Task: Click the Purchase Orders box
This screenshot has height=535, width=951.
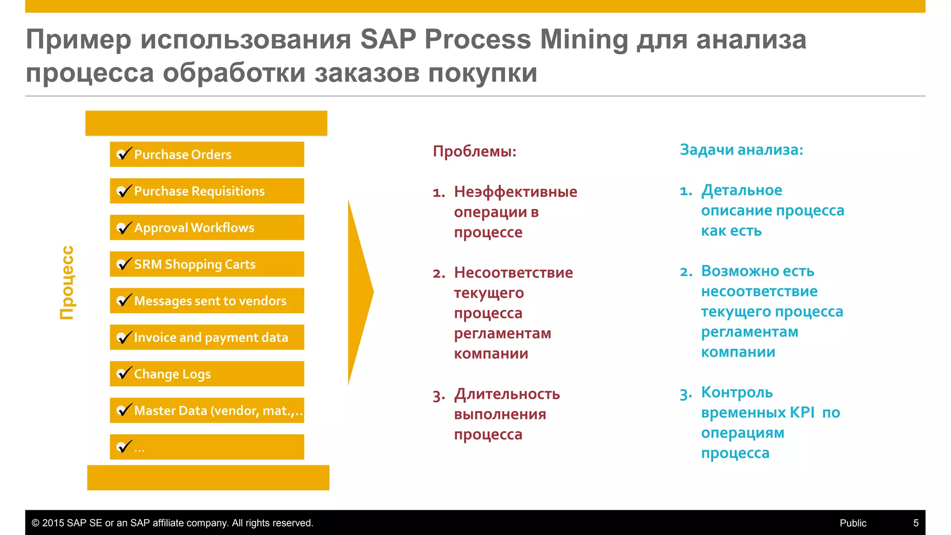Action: click(x=207, y=154)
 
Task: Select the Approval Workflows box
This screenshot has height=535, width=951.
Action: click(x=207, y=228)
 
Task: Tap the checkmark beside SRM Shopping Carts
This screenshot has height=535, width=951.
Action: click(x=124, y=264)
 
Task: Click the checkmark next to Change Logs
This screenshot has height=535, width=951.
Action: click(x=124, y=373)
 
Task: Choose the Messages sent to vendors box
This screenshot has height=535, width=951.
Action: click(x=207, y=300)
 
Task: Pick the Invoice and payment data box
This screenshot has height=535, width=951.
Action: click(x=207, y=337)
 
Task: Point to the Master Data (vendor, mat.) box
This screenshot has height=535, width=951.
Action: click(x=207, y=411)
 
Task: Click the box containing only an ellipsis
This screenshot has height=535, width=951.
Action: click(x=207, y=447)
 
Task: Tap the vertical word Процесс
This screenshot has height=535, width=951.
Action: click(x=67, y=282)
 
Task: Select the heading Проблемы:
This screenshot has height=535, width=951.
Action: click(x=474, y=151)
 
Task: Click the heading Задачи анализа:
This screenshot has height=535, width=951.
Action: click(x=741, y=150)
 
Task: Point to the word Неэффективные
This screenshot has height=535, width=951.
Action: click(x=515, y=192)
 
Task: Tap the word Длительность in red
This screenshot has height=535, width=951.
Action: click(x=507, y=394)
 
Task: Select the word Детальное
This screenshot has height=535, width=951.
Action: click(x=742, y=190)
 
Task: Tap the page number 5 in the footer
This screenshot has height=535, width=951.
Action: click(x=916, y=523)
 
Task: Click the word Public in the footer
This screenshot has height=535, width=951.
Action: click(x=853, y=523)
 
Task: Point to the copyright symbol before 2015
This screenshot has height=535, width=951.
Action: click(x=35, y=523)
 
